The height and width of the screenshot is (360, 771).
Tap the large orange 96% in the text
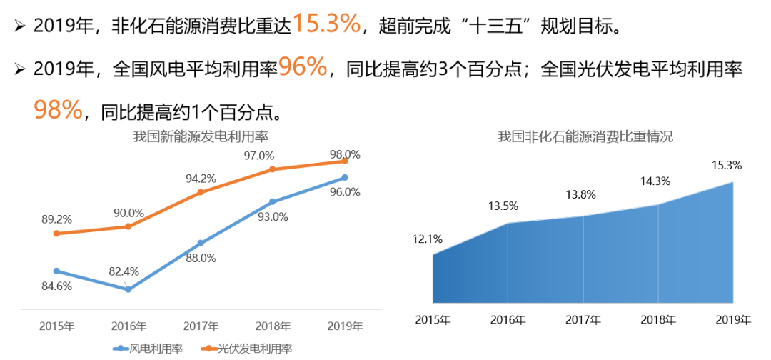tap(303, 68)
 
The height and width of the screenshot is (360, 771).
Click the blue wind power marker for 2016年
tap(128, 289)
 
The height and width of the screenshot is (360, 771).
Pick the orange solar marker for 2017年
tap(201, 192)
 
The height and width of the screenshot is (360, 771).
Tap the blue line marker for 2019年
tap(345, 177)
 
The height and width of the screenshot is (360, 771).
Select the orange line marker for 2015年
tap(56, 234)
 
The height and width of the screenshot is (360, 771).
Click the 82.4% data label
tap(124, 271)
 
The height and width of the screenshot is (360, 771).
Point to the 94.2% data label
tap(201, 178)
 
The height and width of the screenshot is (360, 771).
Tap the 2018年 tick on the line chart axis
tap(273, 326)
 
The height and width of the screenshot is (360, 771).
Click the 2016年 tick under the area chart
tap(508, 319)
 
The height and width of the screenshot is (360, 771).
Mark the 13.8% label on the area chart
tap(581, 194)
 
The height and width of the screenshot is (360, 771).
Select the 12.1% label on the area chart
tap(428, 239)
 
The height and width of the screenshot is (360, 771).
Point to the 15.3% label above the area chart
tap(727, 165)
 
